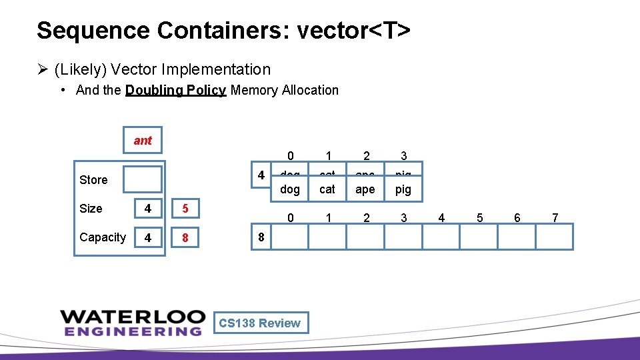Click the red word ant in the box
[x=143, y=140]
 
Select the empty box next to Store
[x=143, y=179]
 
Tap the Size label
[x=91, y=209]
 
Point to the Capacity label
[x=102, y=237]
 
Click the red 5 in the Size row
[x=185, y=209]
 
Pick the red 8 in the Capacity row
[x=185, y=237]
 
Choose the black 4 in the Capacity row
[x=147, y=237]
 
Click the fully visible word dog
[x=290, y=189]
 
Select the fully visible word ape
[x=365, y=189]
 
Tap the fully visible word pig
[x=403, y=189]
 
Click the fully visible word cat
[x=327, y=189]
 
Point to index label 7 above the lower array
[x=555, y=217]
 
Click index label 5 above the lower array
[x=478, y=217]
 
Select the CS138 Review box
[x=260, y=323]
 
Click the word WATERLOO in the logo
[x=131, y=315]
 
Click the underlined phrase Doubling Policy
[x=175, y=90]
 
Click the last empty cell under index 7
[x=555, y=237]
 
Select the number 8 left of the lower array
[x=261, y=237]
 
